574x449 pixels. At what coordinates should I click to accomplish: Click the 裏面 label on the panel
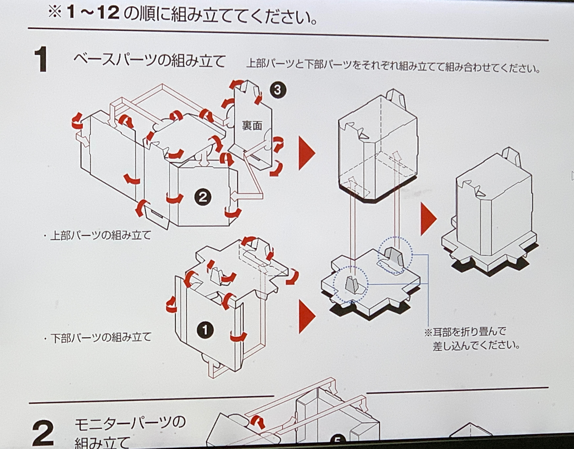click(x=252, y=126)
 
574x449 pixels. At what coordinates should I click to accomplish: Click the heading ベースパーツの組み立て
click(x=149, y=61)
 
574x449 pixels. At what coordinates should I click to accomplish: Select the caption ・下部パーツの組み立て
click(x=98, y=338)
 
